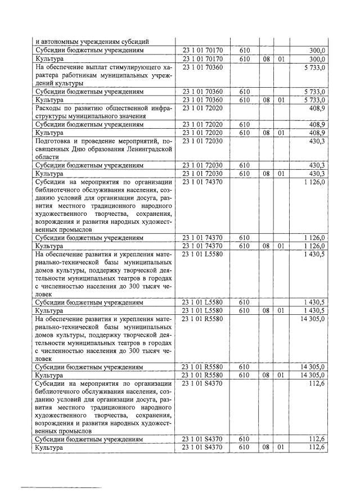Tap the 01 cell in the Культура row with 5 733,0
[281, 100]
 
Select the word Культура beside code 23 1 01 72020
[49, 133]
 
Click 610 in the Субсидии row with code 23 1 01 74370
[244, 238]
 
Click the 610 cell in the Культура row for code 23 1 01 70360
[244, 100]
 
